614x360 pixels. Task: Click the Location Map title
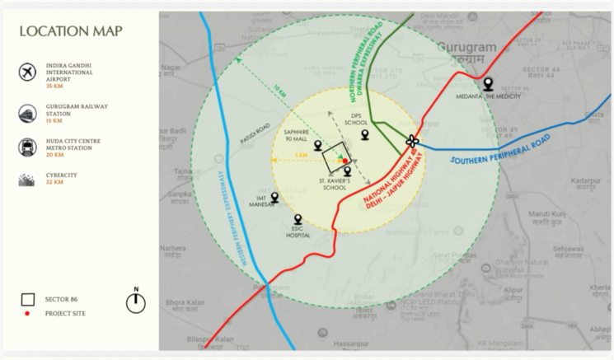[x=71, y=31]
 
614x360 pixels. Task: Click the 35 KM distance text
[x=54, y=86]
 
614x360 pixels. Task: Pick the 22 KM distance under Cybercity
[x=54, y=182]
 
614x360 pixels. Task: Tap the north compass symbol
[x=135, y=302]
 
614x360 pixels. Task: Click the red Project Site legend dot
[x=28, y=314]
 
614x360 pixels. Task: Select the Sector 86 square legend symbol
[x=28, y=299]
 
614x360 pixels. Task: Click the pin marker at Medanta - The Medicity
[x=488, y=83]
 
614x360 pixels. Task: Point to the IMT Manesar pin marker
[x=274, y=198]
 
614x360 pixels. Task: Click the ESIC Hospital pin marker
[x=298, y=219]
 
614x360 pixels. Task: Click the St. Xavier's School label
[x=335, y=183]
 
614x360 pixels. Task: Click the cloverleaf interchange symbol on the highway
[x=413, y=142]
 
